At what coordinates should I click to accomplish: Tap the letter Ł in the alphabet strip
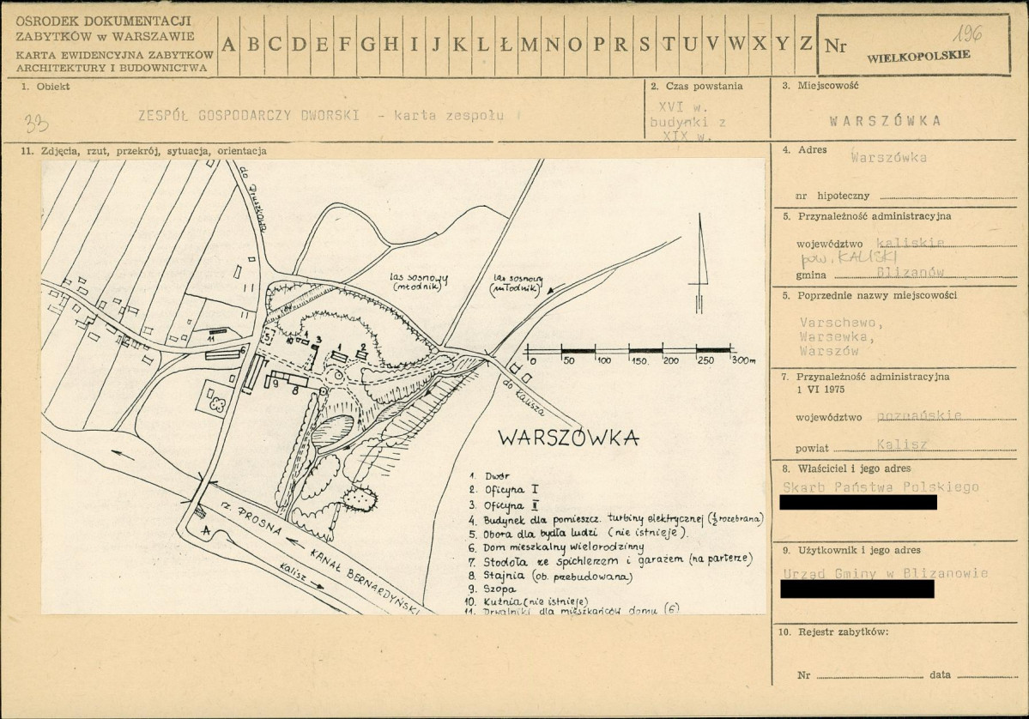click(x=506, y=45)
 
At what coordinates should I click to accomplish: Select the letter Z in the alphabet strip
click(x=805, y=45)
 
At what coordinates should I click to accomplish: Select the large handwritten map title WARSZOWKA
click(x=569, y=438)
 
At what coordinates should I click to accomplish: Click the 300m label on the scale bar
click(x=741, y=359)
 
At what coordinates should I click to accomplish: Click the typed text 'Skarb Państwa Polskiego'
click(x=881, y=486)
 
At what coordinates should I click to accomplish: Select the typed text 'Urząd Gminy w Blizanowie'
click(x=885, y=573)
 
